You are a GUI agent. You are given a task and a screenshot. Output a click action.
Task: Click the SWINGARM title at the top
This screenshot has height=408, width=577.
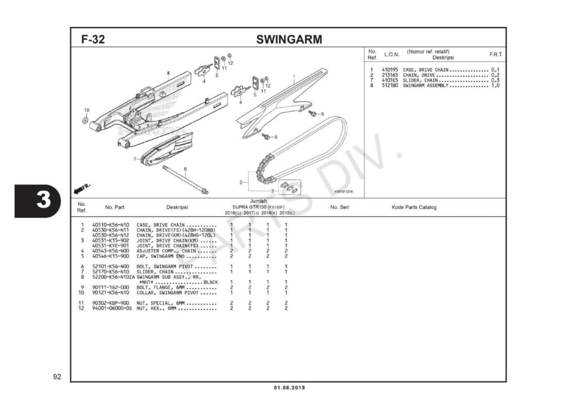(x=288, y=39)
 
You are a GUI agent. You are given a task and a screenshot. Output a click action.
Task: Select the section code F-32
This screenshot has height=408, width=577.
(x=93, y=40)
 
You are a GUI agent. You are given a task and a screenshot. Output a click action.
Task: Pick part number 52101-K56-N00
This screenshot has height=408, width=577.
(x=110, y=266)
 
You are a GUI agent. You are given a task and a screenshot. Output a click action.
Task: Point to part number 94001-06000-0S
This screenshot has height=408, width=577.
(x=112, y=308)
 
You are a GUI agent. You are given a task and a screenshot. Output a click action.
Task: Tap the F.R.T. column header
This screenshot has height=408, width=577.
(x=496, y=55)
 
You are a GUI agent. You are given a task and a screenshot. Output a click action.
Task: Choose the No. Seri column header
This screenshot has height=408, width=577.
(x=340, y=207)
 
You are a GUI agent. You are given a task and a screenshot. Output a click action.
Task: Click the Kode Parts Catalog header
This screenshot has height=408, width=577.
(x=414, y=207)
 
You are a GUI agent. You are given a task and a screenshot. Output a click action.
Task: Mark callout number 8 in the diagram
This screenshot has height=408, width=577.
(x=168, y=73)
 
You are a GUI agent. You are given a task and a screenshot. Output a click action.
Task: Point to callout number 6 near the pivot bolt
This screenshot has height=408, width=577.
(x=185, y=169)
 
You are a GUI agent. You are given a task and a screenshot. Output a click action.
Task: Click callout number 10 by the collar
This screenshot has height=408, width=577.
(x=87, y=110)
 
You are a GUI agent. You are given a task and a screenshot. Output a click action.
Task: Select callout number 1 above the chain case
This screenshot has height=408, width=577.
(x=294, y=76)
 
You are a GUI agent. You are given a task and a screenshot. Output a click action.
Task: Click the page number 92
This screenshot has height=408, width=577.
(x=57, y=376)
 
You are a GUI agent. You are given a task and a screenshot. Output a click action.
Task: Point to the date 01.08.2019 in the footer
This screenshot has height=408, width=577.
(x=288, y=388)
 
